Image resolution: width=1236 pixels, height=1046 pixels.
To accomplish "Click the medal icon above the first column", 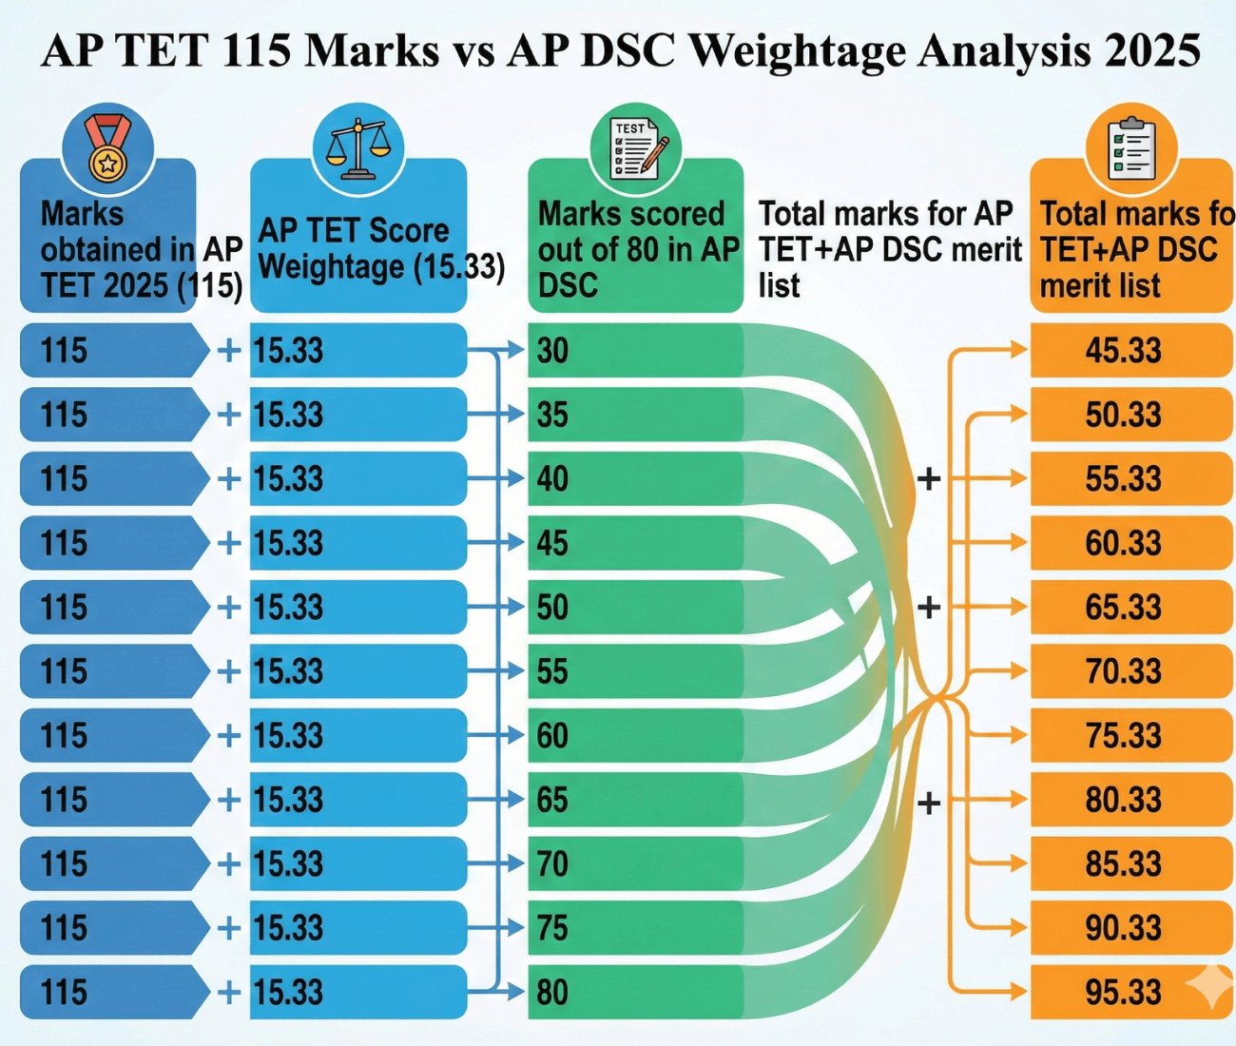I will click(x=107, y=148).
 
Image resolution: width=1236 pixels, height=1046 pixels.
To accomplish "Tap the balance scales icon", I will click(x=357, y=148).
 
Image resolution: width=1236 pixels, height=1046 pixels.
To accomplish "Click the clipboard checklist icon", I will click(x=1131, y=148).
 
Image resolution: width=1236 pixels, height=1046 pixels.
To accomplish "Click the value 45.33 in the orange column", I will click(x=1124, y=350).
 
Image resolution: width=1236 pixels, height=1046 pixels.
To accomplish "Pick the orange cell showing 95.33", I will click(x=1124, y=992).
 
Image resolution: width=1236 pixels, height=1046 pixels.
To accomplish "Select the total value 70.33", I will click(x=1124, y=671).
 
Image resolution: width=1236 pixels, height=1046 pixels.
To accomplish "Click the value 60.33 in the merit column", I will click(x=1124, y=543).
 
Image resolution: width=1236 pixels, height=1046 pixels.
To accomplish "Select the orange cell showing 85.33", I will click(x=1124, y=863).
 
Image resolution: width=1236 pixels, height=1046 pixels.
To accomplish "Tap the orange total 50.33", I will click(x=1124, y=415).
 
